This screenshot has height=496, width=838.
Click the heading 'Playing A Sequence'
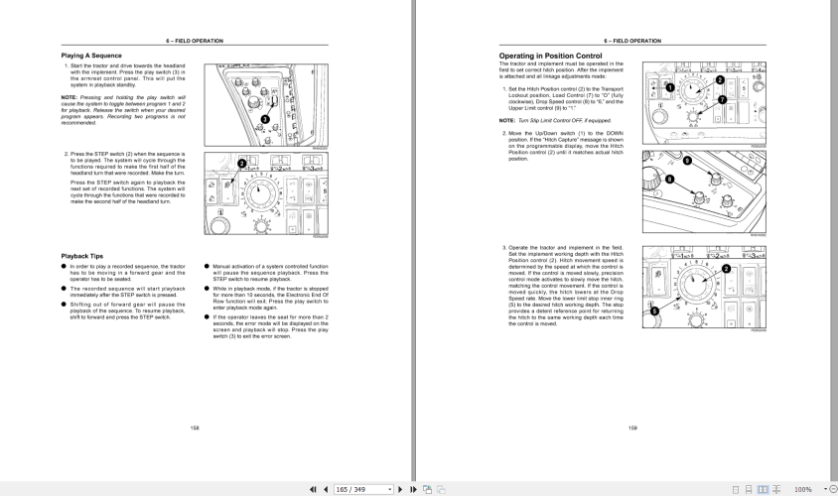tap(91, 56)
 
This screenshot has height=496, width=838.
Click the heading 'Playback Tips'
tap(83, 256)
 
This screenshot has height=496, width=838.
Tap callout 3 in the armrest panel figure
tap(265, 119)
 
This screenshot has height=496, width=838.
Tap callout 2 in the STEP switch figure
tap(241, 163)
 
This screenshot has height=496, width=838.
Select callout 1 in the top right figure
tap(669, 88)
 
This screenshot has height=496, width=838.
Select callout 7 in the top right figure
tap(722, 101)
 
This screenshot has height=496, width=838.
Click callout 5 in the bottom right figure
tap(654, 310)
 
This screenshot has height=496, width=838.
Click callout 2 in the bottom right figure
tap(726, 269)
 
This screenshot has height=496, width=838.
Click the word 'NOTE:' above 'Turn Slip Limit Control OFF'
tap(506, 120)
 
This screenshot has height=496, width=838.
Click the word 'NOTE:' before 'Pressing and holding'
tap(69, 96)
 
